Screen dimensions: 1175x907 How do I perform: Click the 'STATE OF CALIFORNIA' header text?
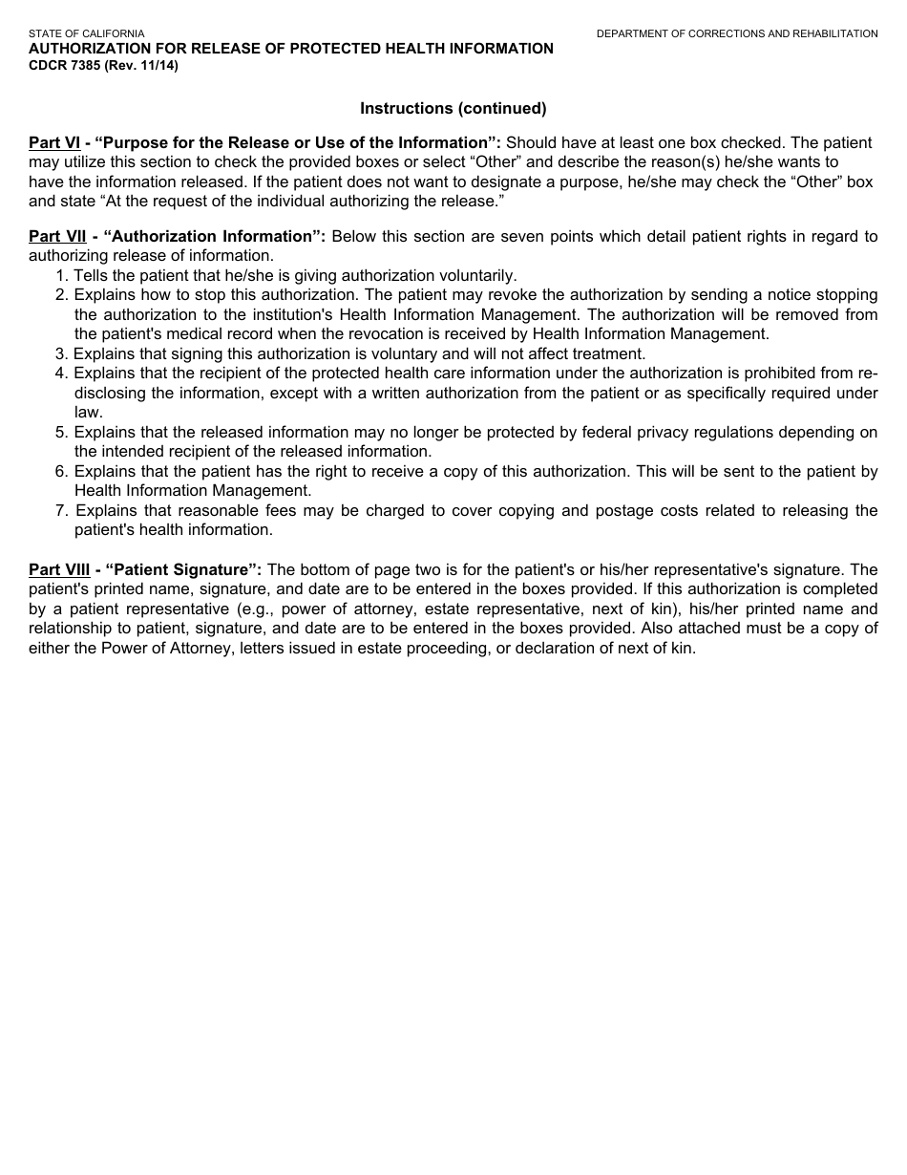pos(86,33)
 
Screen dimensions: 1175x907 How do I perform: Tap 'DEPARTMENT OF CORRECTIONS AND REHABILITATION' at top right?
pos(737,33)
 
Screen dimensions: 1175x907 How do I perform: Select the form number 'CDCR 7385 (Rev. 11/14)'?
pos(103,66)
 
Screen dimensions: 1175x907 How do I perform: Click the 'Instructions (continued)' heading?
pos(453,108)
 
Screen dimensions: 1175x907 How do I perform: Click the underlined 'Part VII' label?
pos(57,236)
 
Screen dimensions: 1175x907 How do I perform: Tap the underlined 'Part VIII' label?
pos(59,570)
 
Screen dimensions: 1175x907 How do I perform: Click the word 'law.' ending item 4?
pos(88,413)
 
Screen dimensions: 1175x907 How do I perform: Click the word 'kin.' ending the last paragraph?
pos(683,649)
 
